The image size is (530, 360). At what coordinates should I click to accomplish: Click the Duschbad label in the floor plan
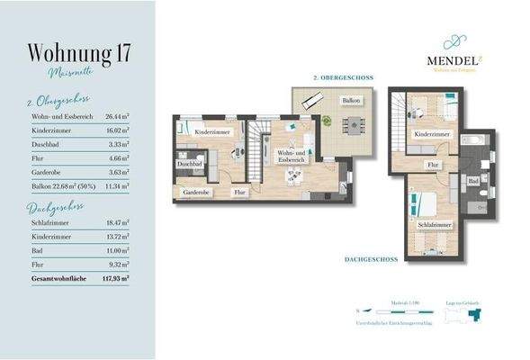189,166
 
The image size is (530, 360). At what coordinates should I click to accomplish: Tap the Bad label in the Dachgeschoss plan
472,181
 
